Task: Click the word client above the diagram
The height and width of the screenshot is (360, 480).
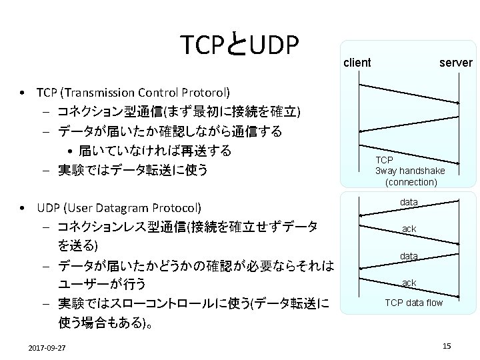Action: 357,63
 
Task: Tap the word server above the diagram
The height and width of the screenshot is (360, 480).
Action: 456,63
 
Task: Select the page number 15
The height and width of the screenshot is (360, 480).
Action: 447,345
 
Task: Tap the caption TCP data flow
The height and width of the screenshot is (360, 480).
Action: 413,303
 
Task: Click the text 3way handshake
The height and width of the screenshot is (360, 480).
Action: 410,171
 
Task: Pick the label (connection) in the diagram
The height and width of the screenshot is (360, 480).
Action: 411,181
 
